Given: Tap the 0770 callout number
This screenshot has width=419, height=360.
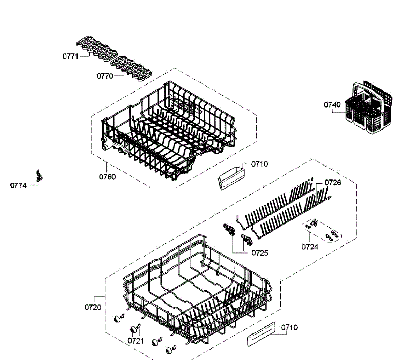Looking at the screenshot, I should pyautogui.click(x=105, y=76).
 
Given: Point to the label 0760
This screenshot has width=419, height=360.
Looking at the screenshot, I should pyautogui.click(x=107, y=177).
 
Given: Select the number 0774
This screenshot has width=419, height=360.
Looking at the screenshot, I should pyautogui.click(x=18, y=185).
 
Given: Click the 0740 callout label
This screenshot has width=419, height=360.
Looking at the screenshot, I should pyautogui.click(x=332, y=104).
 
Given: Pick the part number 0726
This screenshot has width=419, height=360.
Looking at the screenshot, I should pyautogui.click(x=333, y=182).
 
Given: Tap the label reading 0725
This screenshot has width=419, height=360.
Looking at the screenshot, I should pyautogui.click(x=260, y=253).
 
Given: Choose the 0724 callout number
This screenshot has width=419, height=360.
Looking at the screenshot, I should pyautogui.click(x=310, y=247).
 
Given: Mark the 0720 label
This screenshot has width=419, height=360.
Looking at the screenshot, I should pyautogui.click(x=93, y=307).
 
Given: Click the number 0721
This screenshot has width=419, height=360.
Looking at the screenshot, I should pyautogui.click(x=136, y=340).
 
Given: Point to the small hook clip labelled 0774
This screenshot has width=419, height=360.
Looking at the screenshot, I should pyautogui.click(x=39, y=175).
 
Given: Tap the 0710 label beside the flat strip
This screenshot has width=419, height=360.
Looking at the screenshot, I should pyautogui.click(x=289, y=328).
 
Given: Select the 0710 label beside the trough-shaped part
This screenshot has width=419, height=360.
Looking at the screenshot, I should pyautogui.click(x=259, y=164).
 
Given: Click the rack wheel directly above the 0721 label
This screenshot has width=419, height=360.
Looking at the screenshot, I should pyautogui.click(x=134, y=329).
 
